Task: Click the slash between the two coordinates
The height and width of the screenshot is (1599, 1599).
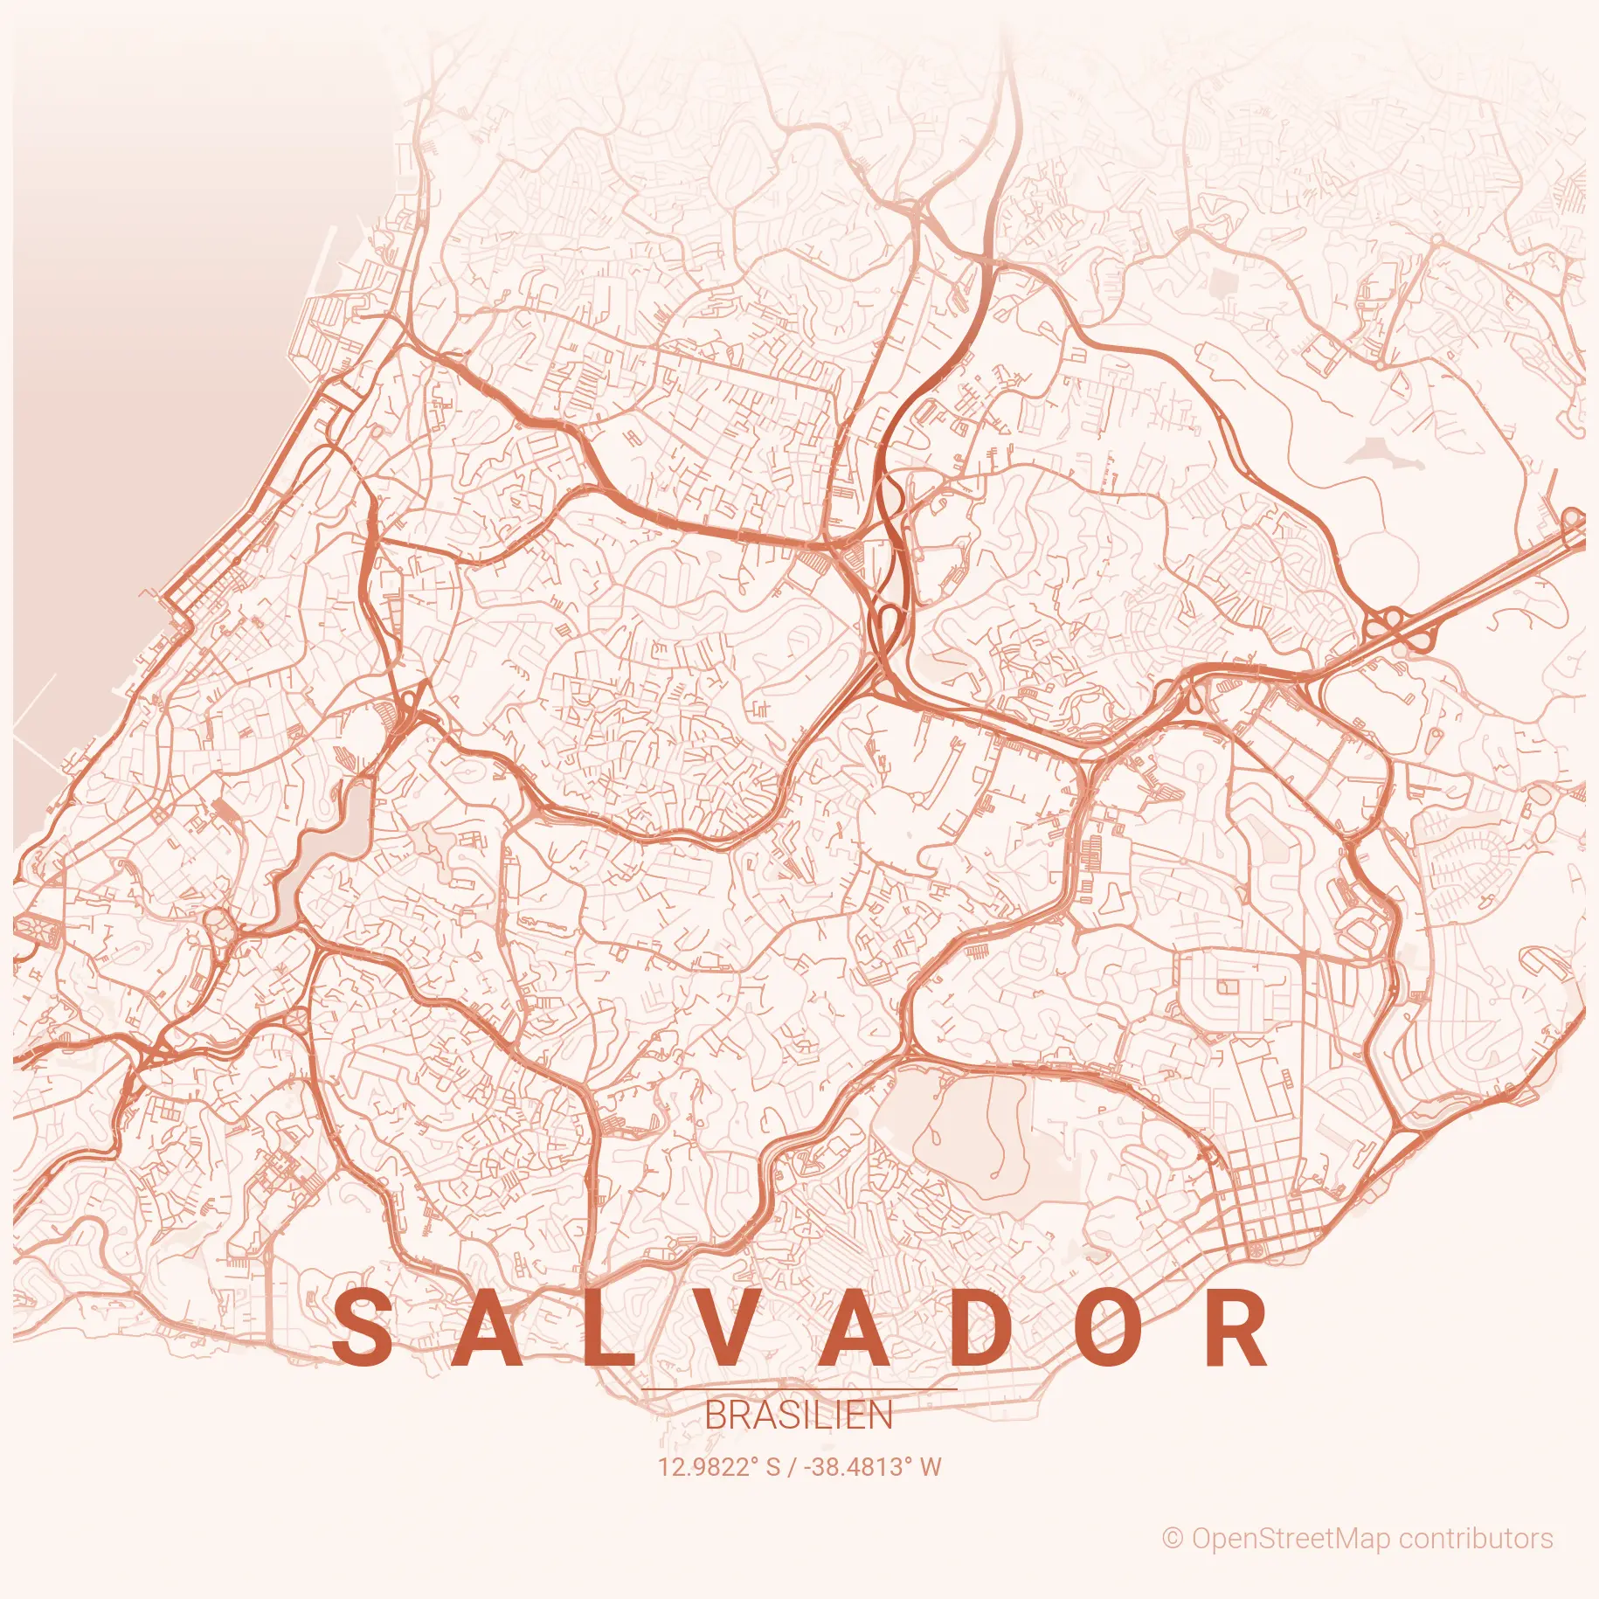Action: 792,1467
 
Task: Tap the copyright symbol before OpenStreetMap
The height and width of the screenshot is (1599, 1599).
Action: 1173,1539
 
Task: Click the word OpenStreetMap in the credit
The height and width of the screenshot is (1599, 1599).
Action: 1285,1539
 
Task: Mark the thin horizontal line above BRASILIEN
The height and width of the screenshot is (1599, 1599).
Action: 799,1389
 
